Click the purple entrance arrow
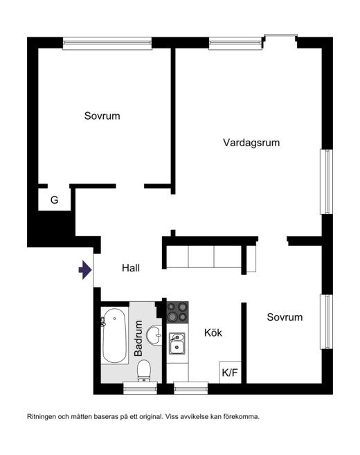85,270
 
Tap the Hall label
131,268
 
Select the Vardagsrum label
251,143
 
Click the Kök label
213,332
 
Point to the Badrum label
138,338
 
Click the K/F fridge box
230,373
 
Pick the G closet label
54,199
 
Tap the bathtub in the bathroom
114,336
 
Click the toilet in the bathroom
144,371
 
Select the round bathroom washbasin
154,336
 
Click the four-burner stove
177,312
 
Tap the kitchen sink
177,344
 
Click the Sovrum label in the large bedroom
102,116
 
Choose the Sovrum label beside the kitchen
285,317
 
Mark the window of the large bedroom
107,43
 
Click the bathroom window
140,388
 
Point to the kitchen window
191,388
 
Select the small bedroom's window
327,321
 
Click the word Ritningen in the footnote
42,417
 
